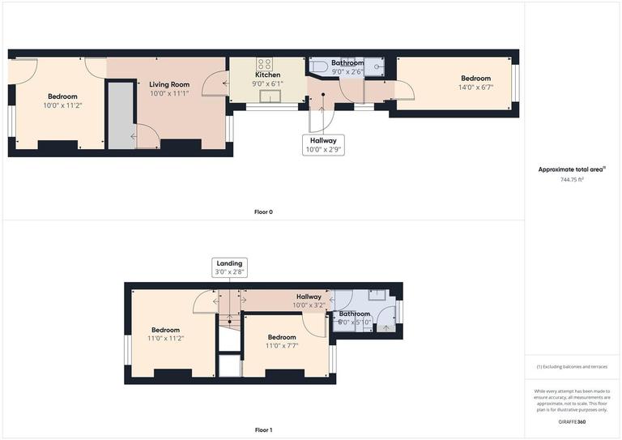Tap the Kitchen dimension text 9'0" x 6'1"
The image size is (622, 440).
click(x=267, y=83)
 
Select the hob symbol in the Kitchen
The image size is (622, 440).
click(x=265, y=63)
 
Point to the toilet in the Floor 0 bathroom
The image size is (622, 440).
click(x=318, y=66)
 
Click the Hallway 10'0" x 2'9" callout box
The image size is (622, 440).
click(x=322, y=145)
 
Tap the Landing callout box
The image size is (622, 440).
click(x=229, y=267)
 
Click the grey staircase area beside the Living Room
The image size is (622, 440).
click(x=120, y=113)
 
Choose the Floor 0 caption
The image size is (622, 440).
click(x=263, y=212)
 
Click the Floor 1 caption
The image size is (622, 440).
click(x=263, y=429)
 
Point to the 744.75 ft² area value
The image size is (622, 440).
click(x=573, y=179)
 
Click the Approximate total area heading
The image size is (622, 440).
click(x=572, y=169)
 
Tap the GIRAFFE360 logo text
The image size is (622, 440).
click(x=572, y=423)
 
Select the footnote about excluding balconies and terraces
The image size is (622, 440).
click(x=573, y=367)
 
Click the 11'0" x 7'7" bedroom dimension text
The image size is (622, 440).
click(x=282, y=346)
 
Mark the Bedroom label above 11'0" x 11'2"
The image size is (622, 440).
click(x=165, y=330)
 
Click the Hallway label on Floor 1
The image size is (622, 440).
click(x=309, y=297)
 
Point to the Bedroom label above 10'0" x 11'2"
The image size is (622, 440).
click(x=62, y=96)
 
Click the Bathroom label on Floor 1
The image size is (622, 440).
click(x=354, y=314)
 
